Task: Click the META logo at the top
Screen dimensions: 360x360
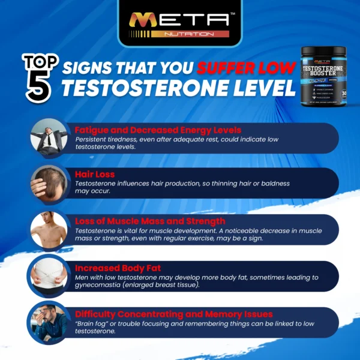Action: click(x=180, y=19)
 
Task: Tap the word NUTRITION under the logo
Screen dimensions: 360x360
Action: click(x=180, y=34)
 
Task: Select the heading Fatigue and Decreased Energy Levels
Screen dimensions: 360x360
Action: click(x=158, y=130)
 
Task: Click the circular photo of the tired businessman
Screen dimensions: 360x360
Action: click(x=49, y=137)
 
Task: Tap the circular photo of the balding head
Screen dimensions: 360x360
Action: click(x=49, y=182)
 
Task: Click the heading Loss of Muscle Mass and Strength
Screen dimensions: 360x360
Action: click(x=150, y=221)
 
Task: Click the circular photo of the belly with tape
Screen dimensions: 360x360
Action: click(x=49, y=275)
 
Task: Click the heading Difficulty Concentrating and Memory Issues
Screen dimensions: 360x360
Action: click(x=174, y=314)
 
